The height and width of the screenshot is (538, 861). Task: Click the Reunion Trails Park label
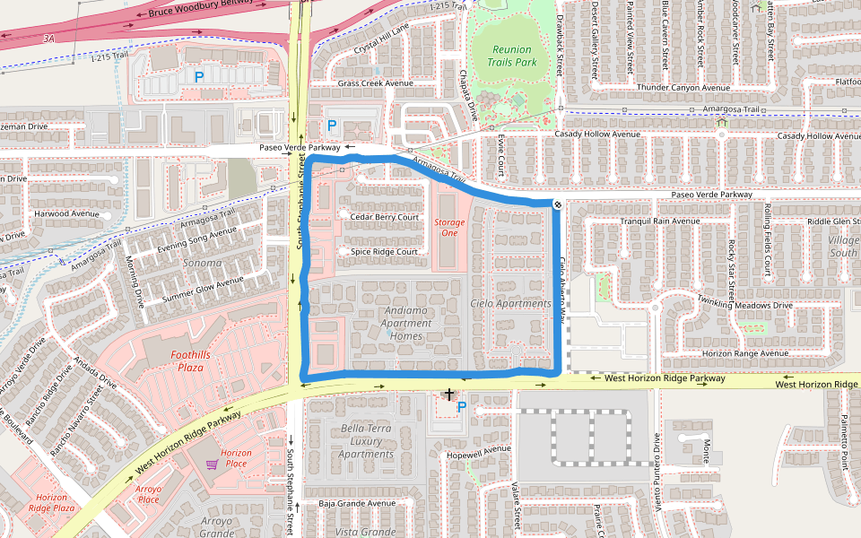tap(512, 56)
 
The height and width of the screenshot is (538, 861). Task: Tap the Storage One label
tap(449, 228)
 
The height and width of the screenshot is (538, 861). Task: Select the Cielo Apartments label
tap(510, 304)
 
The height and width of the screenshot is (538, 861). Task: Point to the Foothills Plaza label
tap(190, 360)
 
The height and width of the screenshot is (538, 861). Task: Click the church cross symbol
tap(449, 395)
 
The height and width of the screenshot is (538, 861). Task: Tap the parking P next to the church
tap(462, 407)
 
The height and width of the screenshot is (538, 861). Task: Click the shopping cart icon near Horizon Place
tap(212, 464)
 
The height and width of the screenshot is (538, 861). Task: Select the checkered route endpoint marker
tap(558, 205)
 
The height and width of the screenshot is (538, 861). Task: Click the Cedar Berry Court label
tap(385, 217)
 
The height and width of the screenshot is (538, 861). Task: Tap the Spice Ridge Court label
tap(385, 252)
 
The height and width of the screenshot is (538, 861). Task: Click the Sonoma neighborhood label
tap(202, 263)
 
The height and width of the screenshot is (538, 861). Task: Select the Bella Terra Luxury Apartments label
tap(366, 441)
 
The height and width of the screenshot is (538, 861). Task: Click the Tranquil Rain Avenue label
tap(660, 221)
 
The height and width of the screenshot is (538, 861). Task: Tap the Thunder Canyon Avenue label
tap(683, 88)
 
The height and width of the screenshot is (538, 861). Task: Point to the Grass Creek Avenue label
tap(375, 83)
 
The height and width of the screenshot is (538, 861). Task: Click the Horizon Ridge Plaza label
tap(52, 502)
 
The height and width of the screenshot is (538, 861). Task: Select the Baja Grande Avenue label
tap(357, 503)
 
